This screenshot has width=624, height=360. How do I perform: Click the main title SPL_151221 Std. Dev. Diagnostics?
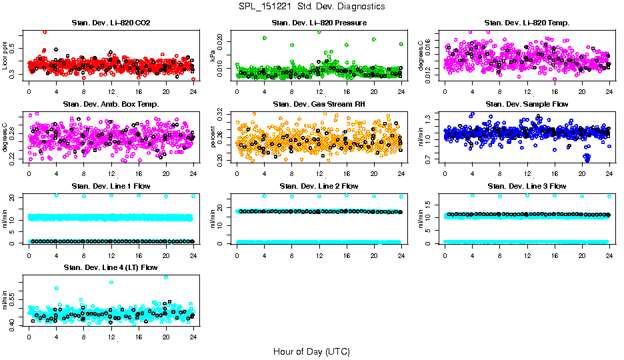click(x=311, y=7)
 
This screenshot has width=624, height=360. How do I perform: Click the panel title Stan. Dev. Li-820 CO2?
click(x=111, y=23)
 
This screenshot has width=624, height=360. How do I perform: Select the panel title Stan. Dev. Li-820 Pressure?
click(x=319, y=23)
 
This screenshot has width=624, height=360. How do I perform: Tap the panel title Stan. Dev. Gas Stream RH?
click(x=319, y=104)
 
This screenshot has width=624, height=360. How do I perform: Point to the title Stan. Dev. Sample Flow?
click(x=527, y=104)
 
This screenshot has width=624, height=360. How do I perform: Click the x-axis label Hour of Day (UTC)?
click(x=311, y=351)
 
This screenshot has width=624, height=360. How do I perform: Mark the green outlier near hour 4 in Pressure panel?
click(x=265, y=38)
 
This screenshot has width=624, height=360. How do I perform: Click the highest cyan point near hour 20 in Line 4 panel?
click(x=166, y=277)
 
